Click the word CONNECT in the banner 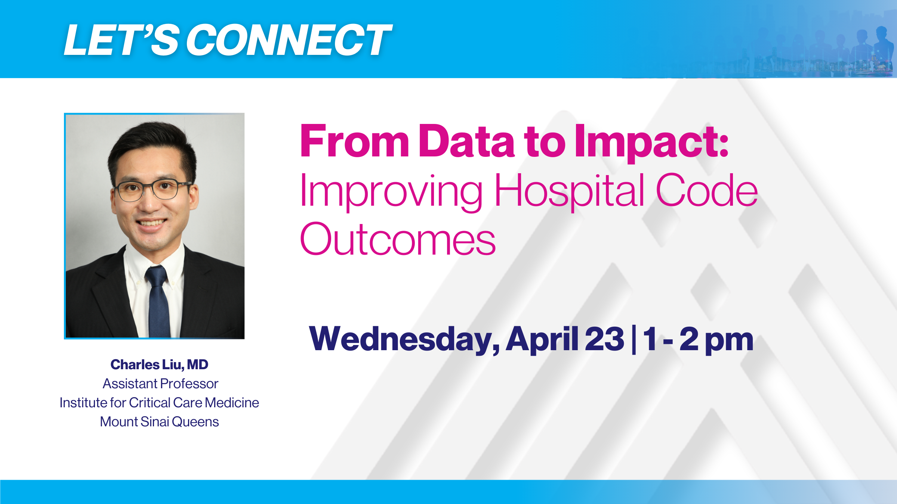pyautogui.click(x=289, y=40)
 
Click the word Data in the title pyautogui.click(x=466, y=141)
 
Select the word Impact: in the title pyautogui.click(x=651, y=143)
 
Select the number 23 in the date pyautogui.click(x=604, y=339)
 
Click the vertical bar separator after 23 pyautogui.click(x=634, y=340)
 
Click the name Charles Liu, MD pyautogui.click(x=159, y=365)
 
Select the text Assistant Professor pyautogui.click(x=160, y=384)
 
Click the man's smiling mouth pyautogui.click(x=151, y=223)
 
